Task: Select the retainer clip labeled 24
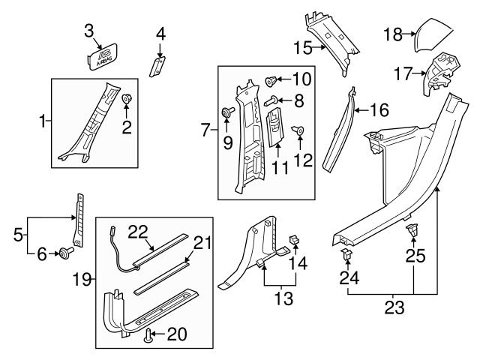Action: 348,258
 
